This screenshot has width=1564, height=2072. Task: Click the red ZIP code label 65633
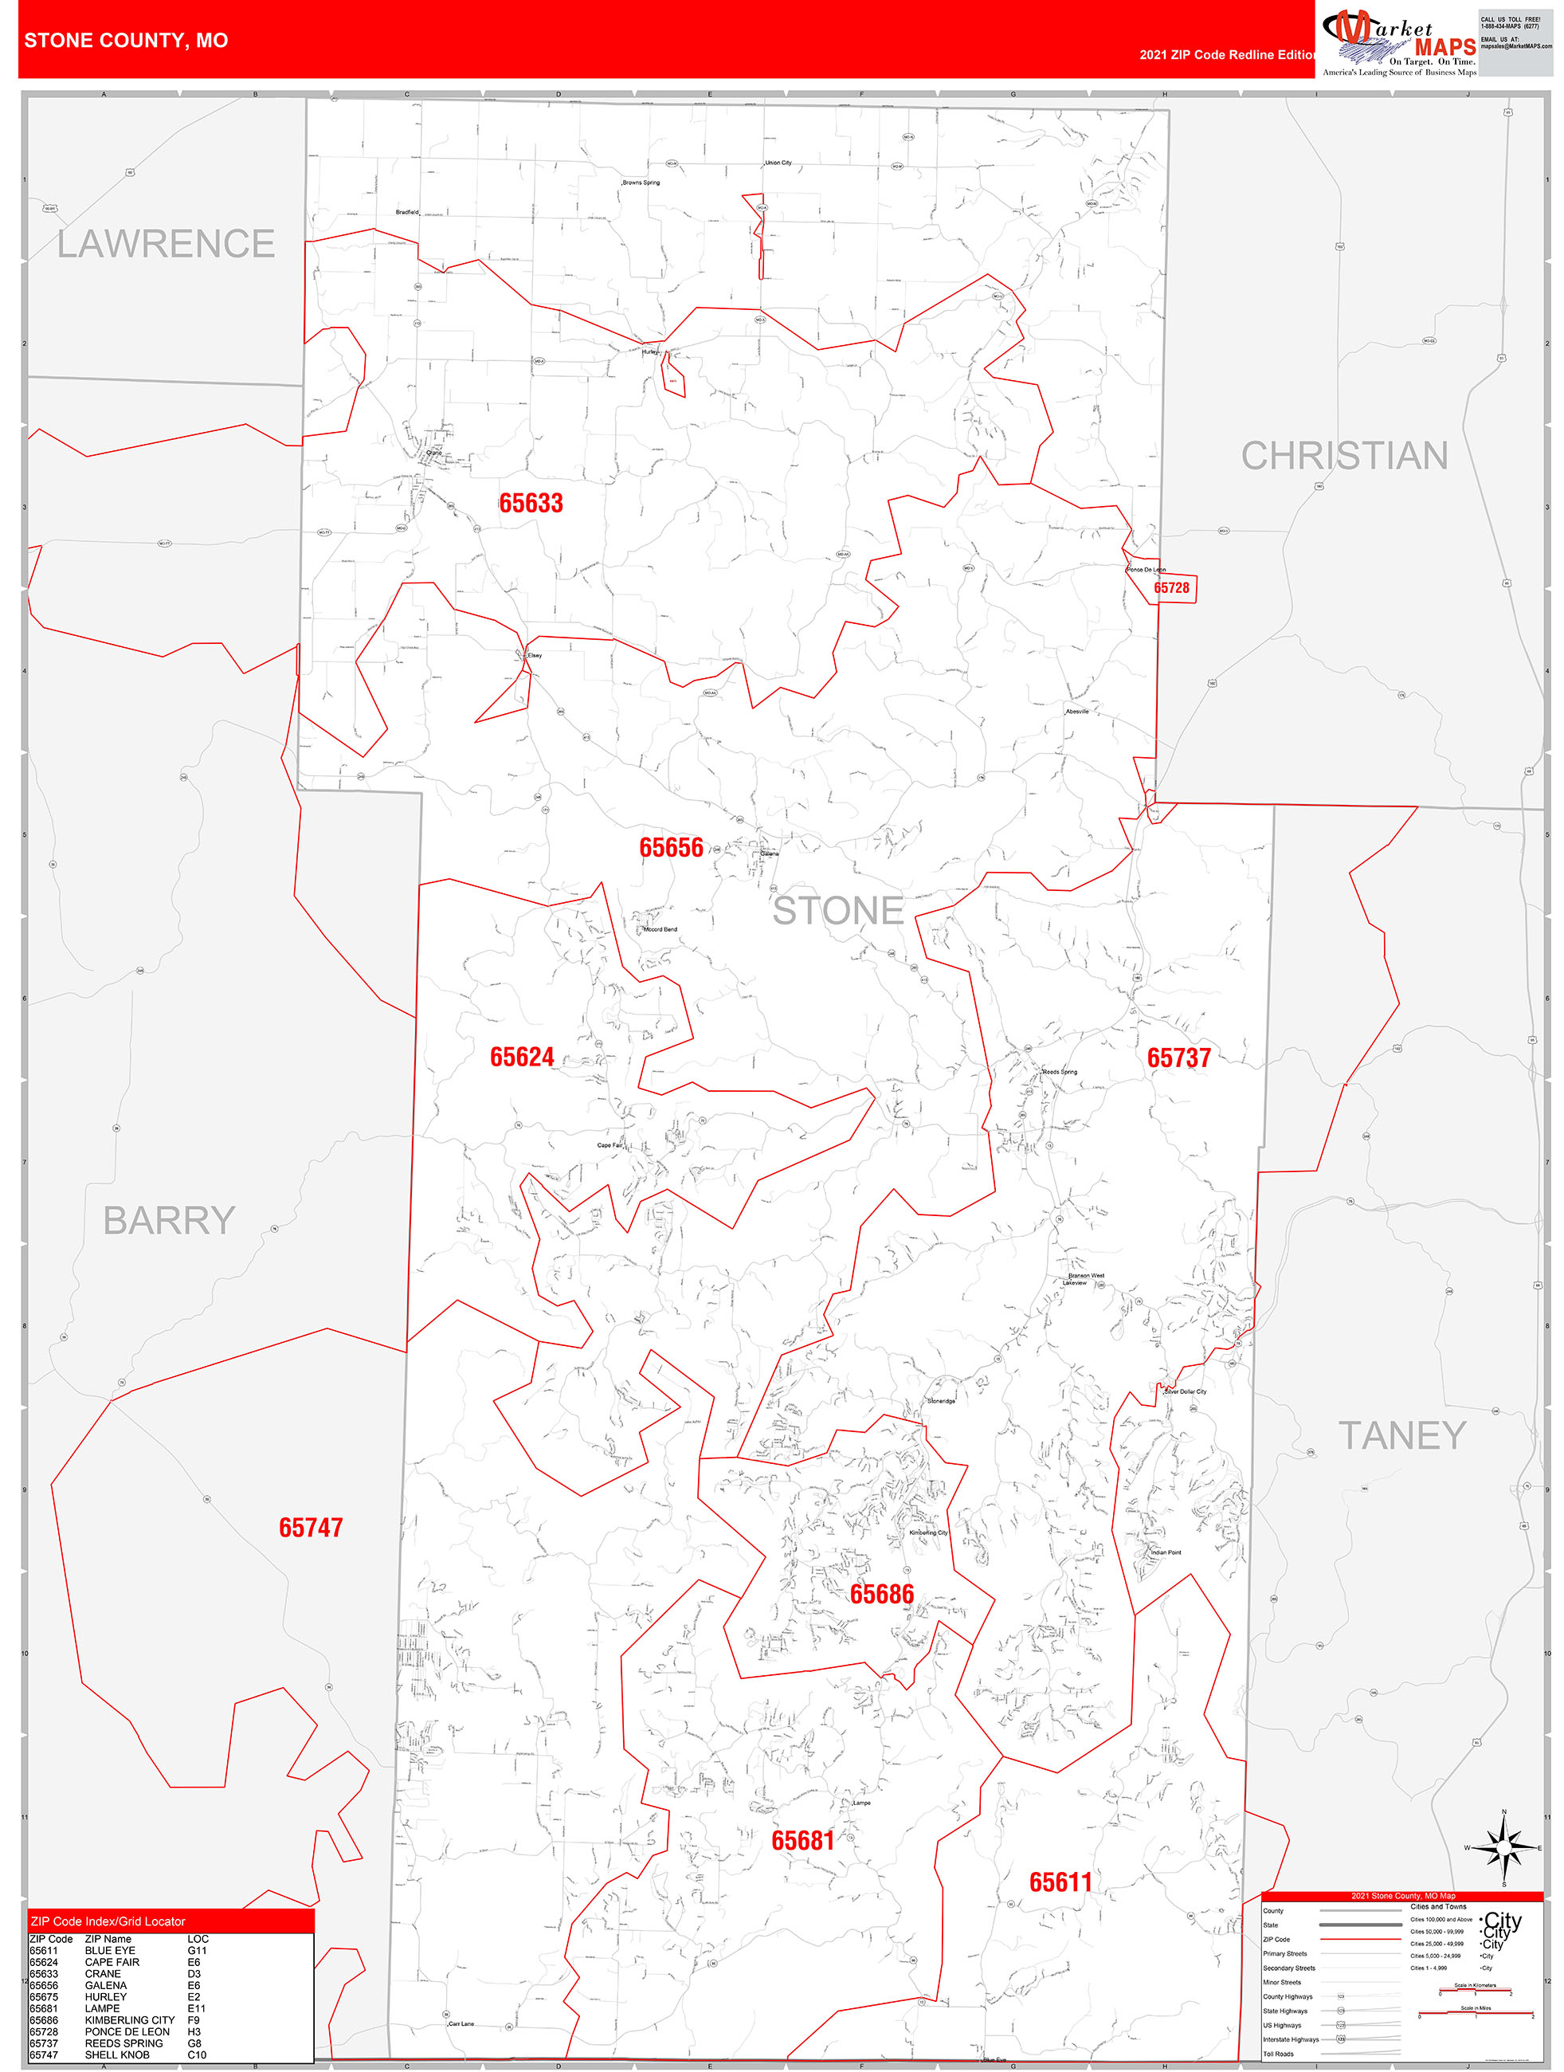pos(531,503)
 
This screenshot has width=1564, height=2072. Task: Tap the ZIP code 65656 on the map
pos(671,848)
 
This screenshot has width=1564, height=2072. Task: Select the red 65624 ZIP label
pos(522,1058)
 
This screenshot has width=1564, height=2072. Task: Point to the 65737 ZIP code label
pos(1178,1058)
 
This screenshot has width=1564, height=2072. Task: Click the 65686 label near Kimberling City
pos(881,1595)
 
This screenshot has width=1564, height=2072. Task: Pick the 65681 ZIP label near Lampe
pos(802,1842)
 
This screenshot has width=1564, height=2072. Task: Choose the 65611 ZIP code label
pos(1060,1883)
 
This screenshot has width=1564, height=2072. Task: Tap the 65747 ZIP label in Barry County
pos(311,1528)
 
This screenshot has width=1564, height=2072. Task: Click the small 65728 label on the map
pos(1170,588)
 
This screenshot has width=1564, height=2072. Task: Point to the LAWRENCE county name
pos(166,245)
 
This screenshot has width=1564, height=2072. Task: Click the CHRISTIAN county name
pos(1344,456)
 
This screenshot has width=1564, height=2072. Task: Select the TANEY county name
pos(1401,1436)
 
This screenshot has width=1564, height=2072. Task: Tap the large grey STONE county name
pos(837,910)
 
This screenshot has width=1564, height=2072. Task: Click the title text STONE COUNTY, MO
pos(127,41)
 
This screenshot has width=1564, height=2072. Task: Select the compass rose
pos(1504,1847)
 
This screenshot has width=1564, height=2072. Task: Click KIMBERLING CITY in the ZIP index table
pos(129,2020)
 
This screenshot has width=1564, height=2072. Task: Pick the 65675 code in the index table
pos(43,1997)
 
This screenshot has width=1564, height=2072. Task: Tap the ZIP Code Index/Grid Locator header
pos(108,1921)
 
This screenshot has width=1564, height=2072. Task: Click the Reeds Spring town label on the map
pos(1059,1072)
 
